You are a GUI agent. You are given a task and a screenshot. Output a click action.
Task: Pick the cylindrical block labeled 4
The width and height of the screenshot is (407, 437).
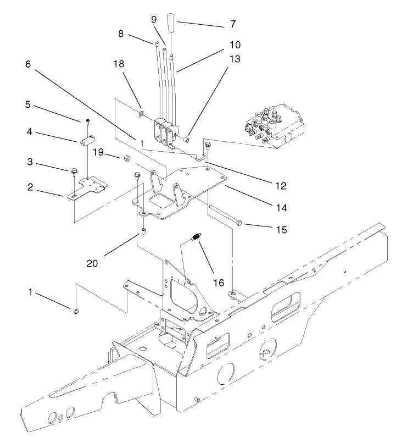[x=87, y=141]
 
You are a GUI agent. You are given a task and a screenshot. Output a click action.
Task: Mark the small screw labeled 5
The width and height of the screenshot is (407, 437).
[x=87, y=121]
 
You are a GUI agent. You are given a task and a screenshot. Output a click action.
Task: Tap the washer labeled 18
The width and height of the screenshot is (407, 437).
[x=141, y=113]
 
